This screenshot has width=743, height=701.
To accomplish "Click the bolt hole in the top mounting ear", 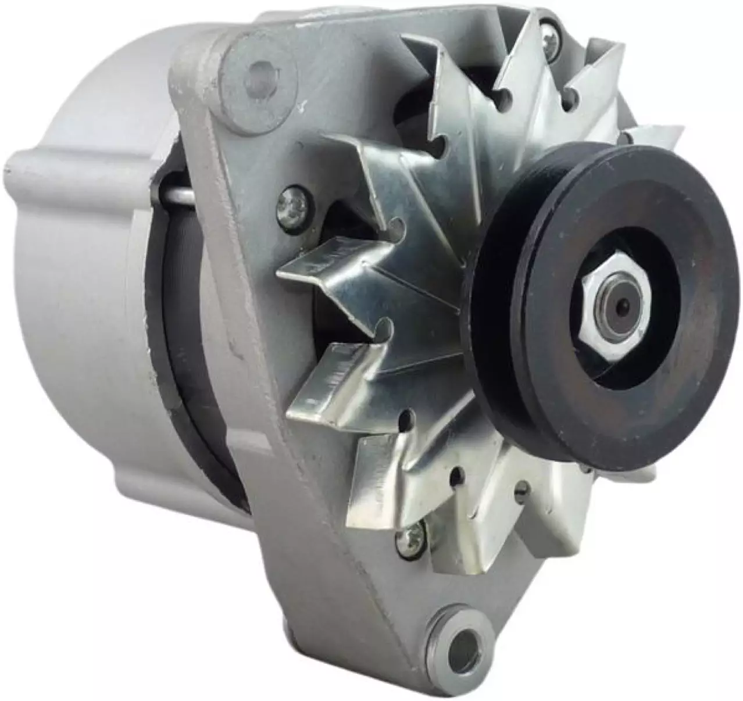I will (x=255, y=75).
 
